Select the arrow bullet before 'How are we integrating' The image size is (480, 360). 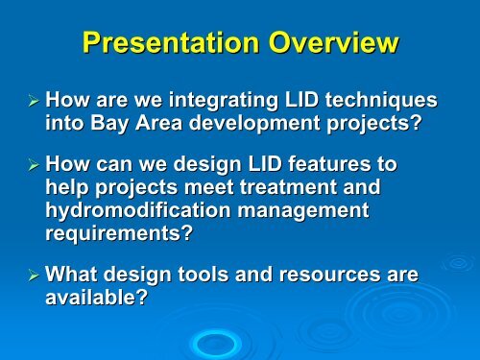tap(33, 99)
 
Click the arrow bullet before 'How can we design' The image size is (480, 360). tap(33, 162)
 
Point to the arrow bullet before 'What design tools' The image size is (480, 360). tap(33, 276)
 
